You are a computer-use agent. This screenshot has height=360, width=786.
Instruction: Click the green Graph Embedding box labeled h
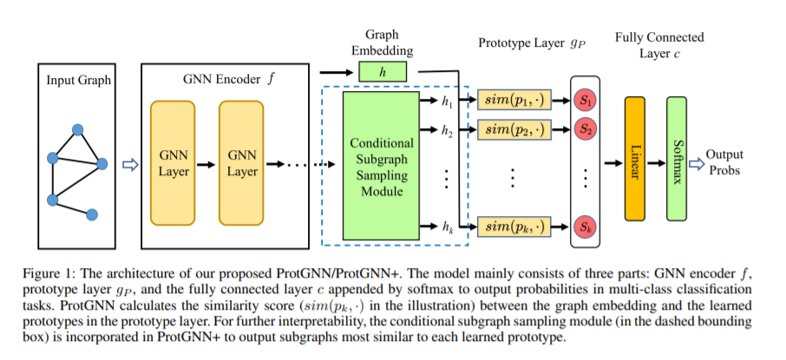coord(383,72)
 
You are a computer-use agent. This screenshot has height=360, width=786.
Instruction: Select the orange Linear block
coord(635,159)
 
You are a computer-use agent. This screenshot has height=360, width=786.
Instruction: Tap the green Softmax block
coord(676,159)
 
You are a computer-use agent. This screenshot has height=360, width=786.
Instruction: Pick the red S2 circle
coord(585,129)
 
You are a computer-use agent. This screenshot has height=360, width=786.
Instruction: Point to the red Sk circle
coord(585,227)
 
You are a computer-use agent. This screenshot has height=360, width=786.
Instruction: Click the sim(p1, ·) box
coord(514,101)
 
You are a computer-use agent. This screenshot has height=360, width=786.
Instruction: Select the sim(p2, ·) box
coord(514,130)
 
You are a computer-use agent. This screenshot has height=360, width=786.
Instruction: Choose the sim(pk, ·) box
coord(514,226)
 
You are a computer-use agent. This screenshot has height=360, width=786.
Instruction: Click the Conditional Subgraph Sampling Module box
coord(381,166)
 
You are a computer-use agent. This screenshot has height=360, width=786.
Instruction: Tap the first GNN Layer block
coord(173,162)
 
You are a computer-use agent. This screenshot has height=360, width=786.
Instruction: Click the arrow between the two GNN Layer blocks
coord(206,165)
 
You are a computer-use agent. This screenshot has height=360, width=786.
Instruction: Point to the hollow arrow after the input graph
coord(130,165)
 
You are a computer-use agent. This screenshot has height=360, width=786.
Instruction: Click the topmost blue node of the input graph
coord(77,130)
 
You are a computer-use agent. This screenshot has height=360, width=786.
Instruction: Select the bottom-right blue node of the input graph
coord(92,214)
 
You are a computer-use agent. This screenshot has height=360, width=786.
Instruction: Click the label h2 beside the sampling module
coord(447,131)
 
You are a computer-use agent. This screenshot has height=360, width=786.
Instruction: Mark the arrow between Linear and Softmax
coord(655,163)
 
